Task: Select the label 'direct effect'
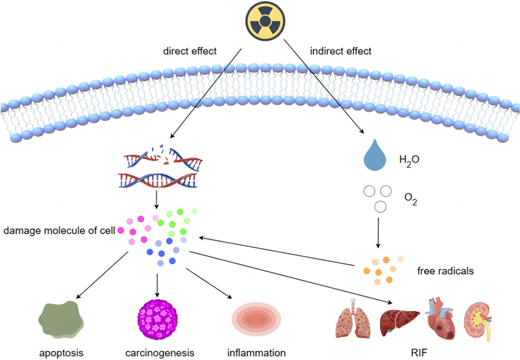(190, 51)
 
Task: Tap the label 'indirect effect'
(340, 51)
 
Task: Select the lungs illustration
(354, 319)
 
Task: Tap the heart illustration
(441, 318)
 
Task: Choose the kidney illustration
(482, 319)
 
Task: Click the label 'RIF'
(418, 353)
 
